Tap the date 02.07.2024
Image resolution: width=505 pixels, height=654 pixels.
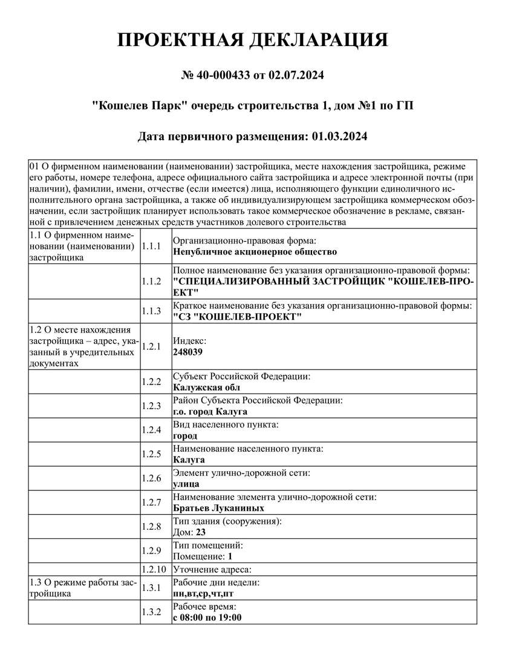coord(296,76)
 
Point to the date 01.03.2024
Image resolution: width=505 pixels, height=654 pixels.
coord(340,136)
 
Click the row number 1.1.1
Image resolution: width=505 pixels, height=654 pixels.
coord(151,246)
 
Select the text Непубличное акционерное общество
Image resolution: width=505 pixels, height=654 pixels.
coord(255,251)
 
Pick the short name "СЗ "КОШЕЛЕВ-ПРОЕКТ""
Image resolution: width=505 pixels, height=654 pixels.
coord(237,317)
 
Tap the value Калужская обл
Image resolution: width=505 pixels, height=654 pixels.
coord(206,388)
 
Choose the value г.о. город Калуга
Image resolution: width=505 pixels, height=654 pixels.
coord(210,412)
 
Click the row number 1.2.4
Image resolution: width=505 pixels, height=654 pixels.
coord(151,431)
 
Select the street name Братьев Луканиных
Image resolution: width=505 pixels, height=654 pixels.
coord(218,509)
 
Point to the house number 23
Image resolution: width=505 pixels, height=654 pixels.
coord(201,532)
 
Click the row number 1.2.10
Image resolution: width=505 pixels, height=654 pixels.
coord(153,569)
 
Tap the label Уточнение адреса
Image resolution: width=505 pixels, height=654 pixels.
coord(212,569)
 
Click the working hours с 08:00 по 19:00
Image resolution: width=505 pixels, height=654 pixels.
coord(207,617)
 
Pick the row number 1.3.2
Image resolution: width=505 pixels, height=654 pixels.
coord(151,612)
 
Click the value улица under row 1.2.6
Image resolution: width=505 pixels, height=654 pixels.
coord(186,484)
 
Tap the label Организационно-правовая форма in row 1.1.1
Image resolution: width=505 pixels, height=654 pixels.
coord(240,240)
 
